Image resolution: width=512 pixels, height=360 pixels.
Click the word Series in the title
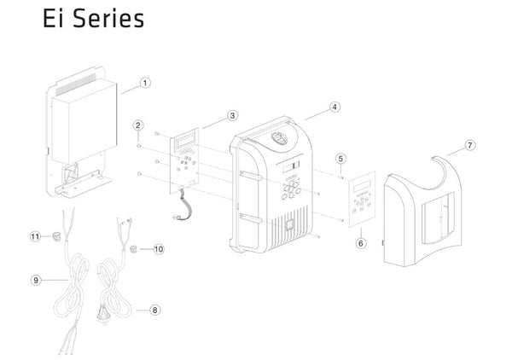108,18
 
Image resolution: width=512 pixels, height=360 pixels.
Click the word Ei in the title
53,18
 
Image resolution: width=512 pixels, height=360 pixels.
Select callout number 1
145,83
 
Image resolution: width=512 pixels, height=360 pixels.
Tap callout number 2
138,125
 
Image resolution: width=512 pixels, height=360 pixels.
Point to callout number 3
232,115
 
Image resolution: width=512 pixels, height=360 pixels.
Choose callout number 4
335,107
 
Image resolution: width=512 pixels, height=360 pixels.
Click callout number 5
340,159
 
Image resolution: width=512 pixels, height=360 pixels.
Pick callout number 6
361,243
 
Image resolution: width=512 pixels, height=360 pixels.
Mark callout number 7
470,145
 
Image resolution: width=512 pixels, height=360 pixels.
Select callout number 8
155,310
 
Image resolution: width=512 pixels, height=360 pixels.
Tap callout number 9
36,280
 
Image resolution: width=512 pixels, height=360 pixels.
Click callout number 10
159,249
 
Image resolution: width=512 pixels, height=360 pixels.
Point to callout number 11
35,236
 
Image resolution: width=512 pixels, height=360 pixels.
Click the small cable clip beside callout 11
56,236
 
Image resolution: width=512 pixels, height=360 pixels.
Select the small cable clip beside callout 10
134,249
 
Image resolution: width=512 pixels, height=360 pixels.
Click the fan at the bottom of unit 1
71,173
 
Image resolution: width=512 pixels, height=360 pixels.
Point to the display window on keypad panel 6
362,186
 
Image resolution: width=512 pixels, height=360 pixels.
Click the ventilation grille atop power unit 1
76,84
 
